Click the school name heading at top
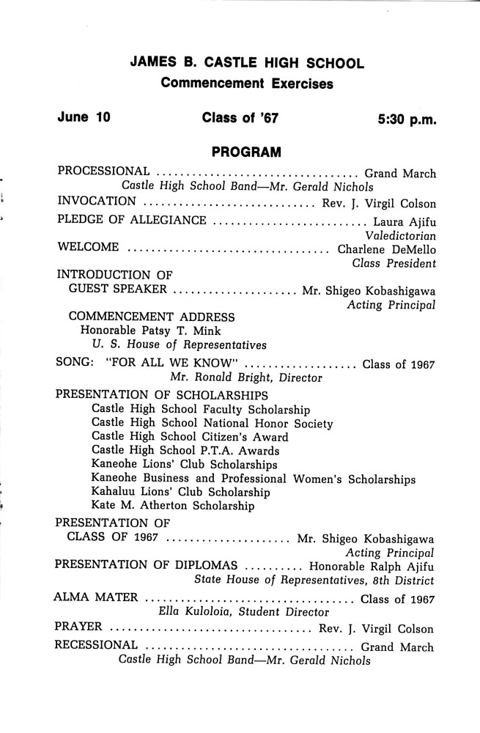pyautogui.click(x=247, y=64)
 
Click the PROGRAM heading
pyautogui.click(x=246, y=152)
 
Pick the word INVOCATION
pyautogui.click(x=96, y=202)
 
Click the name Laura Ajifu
pyautogui.click(x=405, y=220)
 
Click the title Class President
pyautogui.click(x=394, y=263)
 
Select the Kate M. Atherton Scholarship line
pyautogui.click(x=173, y=505)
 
